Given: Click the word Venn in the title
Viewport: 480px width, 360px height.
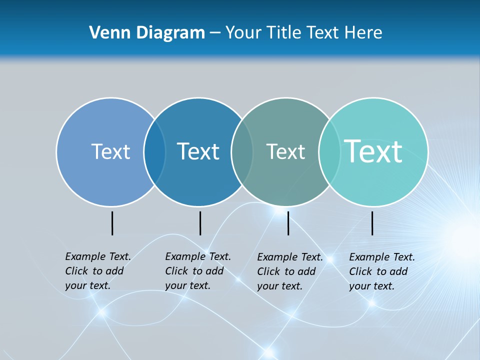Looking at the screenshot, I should coord(108,33).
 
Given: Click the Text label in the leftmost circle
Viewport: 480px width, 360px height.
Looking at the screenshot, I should coord(110,151).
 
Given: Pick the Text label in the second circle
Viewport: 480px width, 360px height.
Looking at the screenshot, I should coord(198,151).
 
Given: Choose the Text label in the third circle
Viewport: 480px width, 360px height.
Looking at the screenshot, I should coord(285,151).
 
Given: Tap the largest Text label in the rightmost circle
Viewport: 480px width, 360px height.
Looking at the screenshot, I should coord(373,151).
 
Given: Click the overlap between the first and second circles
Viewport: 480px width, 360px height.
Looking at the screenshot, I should coord(154,152).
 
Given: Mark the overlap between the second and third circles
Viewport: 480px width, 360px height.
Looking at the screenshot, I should coord(242,152).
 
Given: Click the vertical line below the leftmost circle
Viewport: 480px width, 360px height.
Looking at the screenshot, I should coord(112,223).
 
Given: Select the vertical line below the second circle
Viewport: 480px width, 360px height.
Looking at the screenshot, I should coord(200,223).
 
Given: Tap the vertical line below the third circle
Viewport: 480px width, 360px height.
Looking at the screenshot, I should coord(288,223).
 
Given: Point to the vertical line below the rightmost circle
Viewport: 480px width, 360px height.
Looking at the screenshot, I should coord(372,223).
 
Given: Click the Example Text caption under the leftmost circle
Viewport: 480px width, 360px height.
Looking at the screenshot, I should coord(97,271).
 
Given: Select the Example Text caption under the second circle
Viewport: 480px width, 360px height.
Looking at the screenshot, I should coord(197,271).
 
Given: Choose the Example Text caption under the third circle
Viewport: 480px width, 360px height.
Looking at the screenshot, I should coord(289,271).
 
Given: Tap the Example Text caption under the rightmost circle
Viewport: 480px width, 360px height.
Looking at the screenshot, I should coord(381,271).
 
